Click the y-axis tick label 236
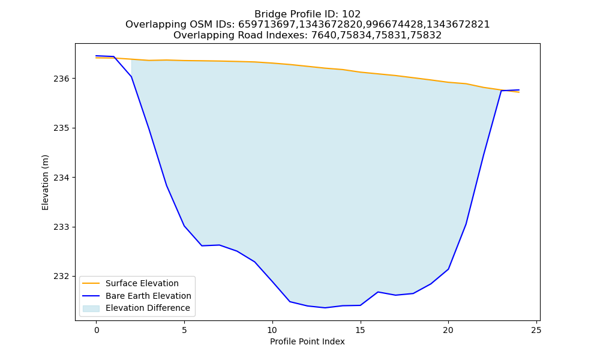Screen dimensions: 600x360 pos(61,79)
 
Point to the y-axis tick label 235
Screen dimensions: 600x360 pos(61,128)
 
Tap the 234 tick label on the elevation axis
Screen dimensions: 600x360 pos(61,178)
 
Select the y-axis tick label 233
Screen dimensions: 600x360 pos(61,227)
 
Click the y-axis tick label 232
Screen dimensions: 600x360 pos(61,277)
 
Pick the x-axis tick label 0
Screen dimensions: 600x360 pos(97,330)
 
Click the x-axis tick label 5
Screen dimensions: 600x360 pos(184,330)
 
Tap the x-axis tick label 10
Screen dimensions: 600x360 pos(272,330)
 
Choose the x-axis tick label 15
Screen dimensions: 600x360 pos(361,330)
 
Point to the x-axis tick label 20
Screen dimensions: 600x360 pos(448,330)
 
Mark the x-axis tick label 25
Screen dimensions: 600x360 pos(536,330)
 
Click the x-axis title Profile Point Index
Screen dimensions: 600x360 pos(307,341)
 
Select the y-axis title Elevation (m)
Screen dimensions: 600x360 pos(45,182)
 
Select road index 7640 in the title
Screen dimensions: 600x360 pos(323,35)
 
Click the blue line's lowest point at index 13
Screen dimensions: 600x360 pos(325,308)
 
